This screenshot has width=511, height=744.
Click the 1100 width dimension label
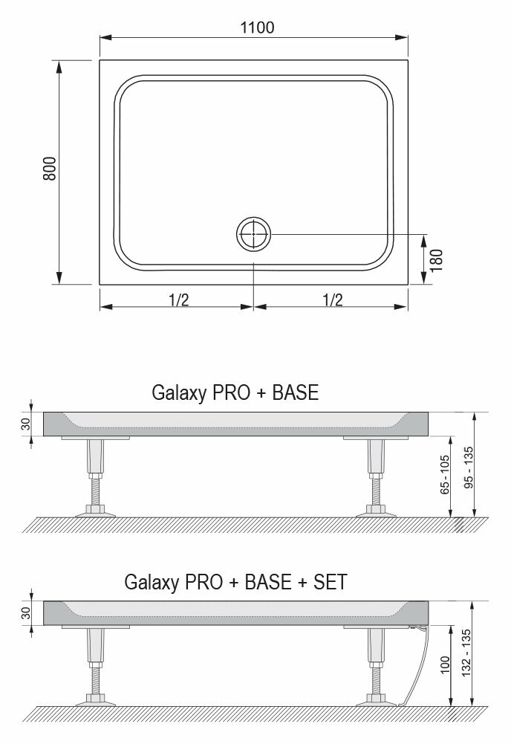pos(257,28)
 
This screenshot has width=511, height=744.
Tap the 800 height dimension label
pos(49,169)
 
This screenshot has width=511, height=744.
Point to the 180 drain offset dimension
pos(436,260)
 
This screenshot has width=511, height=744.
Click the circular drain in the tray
pos(253,234)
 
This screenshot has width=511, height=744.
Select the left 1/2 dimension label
pos(179,300)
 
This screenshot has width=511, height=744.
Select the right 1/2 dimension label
pos(332,300)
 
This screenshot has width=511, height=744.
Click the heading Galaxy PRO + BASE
pos(235,392)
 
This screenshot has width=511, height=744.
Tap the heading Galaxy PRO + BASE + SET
pos(235,582)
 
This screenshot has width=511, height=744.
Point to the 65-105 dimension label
pos(445,475)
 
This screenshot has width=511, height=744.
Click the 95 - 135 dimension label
pos(469,468)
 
